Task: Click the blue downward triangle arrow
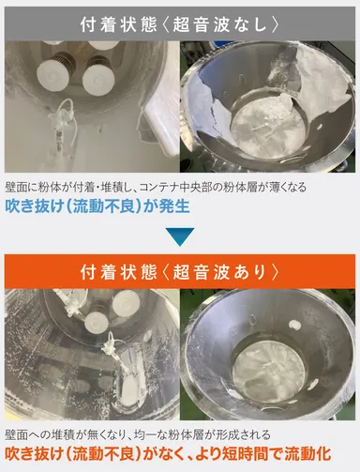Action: [x=180, y=236]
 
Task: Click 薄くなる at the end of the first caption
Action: [x=312, y=188]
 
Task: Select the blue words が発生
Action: [x=168, y=206]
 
